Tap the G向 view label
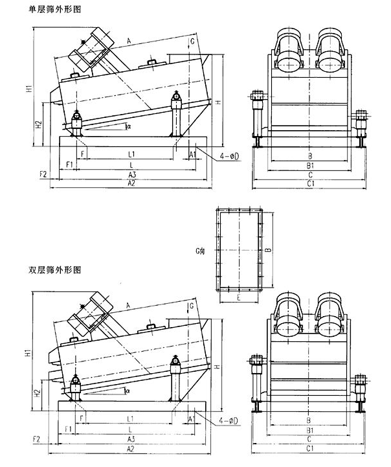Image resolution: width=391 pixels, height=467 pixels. click(x=201, y=249)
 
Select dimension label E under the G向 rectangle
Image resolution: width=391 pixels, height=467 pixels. click(x=238, y=297)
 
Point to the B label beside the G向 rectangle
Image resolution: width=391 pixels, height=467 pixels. click(x=266, y=249)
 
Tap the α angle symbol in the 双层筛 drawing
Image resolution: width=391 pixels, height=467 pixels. click(x=128, y=391)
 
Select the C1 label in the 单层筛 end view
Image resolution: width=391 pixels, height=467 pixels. click(x=311, y=184)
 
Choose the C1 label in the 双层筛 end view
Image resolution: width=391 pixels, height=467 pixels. click(x=311, y=448)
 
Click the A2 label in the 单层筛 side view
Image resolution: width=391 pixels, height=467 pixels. click(x=131, y=184)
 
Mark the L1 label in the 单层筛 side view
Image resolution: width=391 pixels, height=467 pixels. click(x=131, y=154)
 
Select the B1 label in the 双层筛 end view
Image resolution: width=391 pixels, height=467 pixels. click(x=311, y=429)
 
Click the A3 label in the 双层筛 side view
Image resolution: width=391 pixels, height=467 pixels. click(x=131, y=439)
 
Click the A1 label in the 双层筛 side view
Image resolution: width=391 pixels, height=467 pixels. click(x=192, y=419)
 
